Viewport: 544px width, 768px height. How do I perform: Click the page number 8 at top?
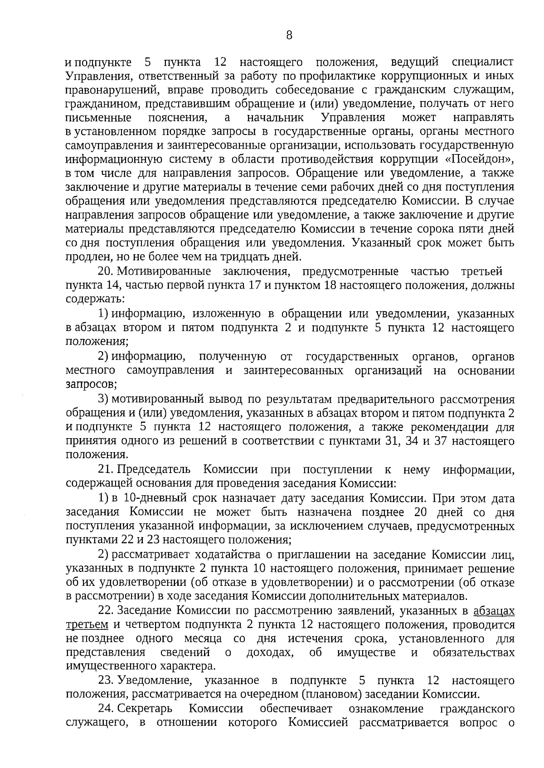pos(289,35)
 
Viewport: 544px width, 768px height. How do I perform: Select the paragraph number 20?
pos(105,271)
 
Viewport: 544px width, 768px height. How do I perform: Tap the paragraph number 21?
pos(105,470)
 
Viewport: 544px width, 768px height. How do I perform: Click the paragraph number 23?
pos(105,681)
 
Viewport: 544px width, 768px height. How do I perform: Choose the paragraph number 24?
pos(105,709)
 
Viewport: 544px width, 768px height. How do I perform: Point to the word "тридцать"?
pos(243,257)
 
